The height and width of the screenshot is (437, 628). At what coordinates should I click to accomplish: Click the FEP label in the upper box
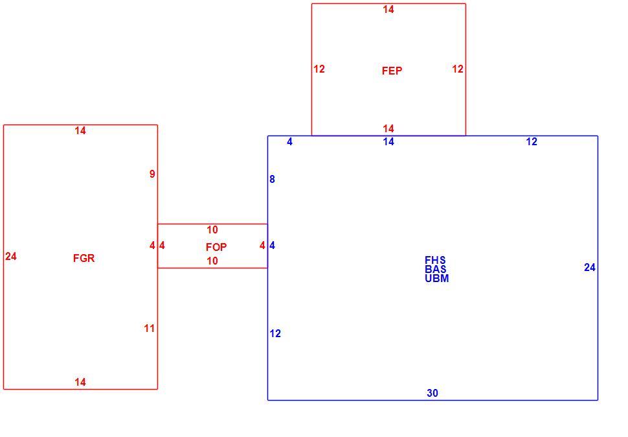392,71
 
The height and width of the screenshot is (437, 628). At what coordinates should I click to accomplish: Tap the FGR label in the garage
84,258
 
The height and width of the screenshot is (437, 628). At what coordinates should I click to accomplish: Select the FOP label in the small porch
216,247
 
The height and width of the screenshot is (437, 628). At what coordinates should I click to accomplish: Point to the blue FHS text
435,260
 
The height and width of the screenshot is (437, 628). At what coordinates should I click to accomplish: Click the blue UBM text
436,278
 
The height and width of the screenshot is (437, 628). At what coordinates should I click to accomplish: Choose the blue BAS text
436,269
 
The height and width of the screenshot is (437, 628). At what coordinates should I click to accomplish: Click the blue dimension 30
432,393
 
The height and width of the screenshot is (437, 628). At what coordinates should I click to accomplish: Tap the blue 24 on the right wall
590,267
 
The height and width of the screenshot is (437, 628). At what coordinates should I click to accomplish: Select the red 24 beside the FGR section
11,256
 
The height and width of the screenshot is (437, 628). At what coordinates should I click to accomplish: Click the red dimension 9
152,174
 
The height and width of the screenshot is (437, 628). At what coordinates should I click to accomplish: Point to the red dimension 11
150,328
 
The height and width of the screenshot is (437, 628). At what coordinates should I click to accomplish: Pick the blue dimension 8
273,179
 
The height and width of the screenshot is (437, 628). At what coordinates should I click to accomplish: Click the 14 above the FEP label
388,9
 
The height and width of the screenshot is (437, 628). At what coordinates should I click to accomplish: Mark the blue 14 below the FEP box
388,141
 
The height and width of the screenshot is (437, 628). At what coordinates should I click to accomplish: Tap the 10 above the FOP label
212,230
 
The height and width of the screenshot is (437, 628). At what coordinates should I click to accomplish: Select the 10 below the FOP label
212,261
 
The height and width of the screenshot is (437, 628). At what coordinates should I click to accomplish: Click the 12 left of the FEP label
319,69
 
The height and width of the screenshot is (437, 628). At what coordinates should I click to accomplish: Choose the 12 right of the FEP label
458,69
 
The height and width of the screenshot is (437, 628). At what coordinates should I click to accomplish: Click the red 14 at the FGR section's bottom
80,382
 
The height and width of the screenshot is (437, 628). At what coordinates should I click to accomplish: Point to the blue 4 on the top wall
289,141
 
